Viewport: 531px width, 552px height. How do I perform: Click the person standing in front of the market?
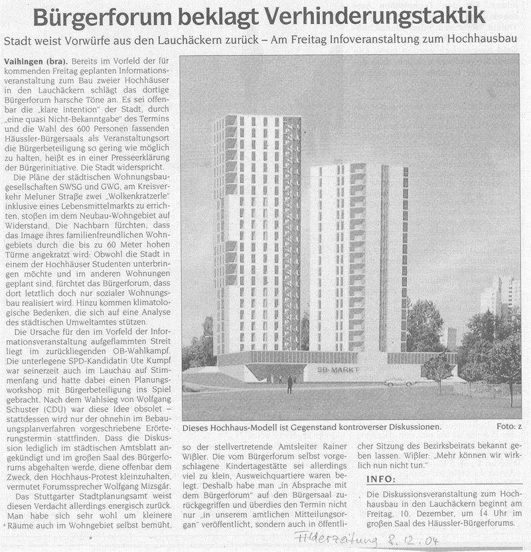[x=290, y=384]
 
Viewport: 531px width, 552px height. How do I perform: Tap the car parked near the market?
[x=398, y=381]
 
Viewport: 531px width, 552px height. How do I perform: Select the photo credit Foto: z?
[x=508, y=427]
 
